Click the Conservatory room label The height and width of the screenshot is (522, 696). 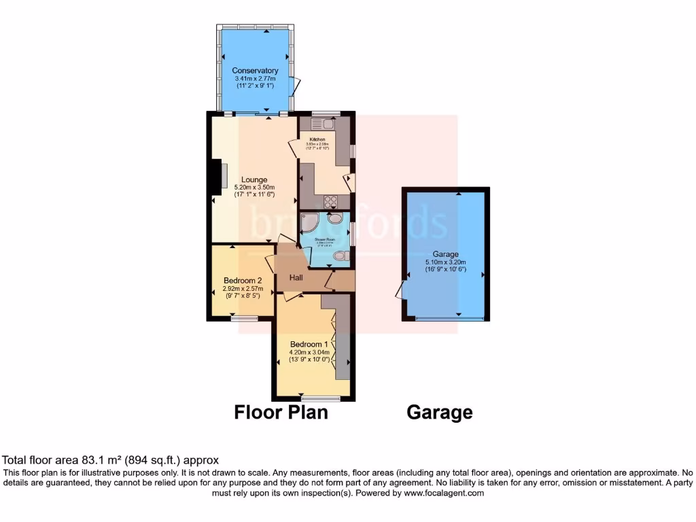255,71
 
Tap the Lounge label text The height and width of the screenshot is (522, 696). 255,179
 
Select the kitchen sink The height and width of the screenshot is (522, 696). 321,124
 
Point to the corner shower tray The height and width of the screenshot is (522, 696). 310,220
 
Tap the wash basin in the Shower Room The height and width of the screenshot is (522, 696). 335,218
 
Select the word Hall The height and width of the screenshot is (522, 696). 296,277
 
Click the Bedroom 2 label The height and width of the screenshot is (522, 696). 243,280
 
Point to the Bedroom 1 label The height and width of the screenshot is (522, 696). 309,344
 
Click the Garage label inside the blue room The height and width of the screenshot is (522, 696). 445,254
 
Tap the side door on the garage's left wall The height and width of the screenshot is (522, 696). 400,291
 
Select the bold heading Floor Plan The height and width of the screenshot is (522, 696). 281,412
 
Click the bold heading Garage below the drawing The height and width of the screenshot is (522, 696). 439,412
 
